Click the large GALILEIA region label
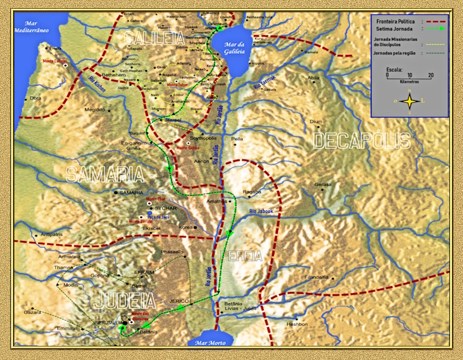[x=154, y=39]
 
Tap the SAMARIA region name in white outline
[x=105, y=174]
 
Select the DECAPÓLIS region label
[x=362, y=141]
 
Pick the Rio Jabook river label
[x=261, y=210]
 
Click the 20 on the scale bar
[x=431, y=75]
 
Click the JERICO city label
[x=181, y=300]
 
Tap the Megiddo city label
[x=94, y=109]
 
